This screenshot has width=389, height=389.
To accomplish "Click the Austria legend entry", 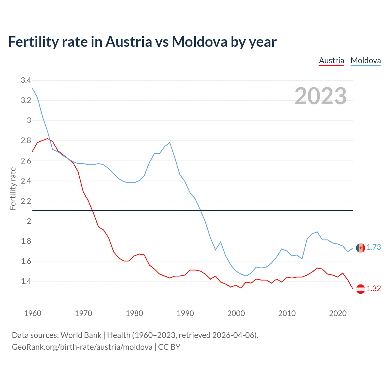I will click(331, 60).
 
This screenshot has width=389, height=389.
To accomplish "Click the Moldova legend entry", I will click(366, 60).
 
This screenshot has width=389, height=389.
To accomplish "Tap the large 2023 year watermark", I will click(321, 96).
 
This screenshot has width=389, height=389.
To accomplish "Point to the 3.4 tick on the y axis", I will click(26, 81).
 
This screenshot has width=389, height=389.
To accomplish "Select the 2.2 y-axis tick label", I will click(26, 201).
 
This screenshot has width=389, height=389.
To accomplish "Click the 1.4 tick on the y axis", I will click(26, 281).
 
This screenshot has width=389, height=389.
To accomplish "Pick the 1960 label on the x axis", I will click(33, 313).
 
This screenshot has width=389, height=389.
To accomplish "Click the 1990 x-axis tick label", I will click(185, 313).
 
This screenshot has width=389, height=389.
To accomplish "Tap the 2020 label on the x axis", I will click(338, 313).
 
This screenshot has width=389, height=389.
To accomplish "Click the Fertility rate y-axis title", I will click(13, 188).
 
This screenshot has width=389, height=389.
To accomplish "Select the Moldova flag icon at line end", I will click(360, 248).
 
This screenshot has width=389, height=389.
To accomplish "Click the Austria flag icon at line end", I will click(360, 289).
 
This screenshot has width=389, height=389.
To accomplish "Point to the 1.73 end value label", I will click(374, 247).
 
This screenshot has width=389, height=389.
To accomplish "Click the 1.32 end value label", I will click(374, 289).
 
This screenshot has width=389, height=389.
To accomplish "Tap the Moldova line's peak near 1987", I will click(170, 143).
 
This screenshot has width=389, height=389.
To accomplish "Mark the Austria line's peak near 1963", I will click(48, 139).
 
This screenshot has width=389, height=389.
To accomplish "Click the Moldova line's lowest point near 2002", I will click(246, 276).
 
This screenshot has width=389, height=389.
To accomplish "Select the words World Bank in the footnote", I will click(81, 335).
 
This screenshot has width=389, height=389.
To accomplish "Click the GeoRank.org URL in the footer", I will click(82, 347).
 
